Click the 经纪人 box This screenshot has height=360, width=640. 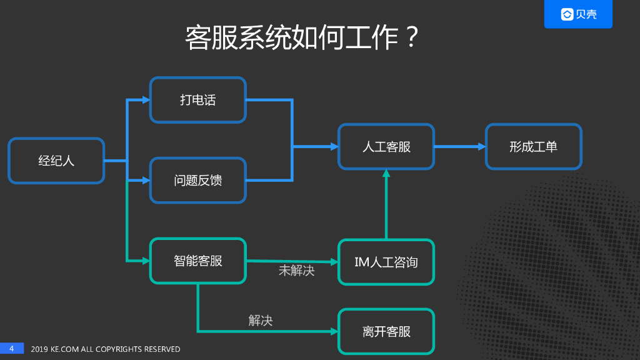coord(56,161)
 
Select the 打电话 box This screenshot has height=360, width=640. coord(197,100)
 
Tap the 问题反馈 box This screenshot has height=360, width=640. coord(197,181)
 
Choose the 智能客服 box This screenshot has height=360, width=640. coord(197,261)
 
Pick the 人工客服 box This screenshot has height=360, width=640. coord(386,147)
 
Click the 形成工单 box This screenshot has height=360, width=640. coord(533,147)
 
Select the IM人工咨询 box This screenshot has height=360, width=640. coord(386,262)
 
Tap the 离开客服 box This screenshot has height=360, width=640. coord(386,331)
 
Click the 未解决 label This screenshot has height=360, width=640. coord(296,271)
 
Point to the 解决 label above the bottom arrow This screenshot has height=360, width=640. coord(261,321)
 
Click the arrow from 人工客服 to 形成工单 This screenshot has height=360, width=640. coord(459,147)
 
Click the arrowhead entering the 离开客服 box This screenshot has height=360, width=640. coord(333,331)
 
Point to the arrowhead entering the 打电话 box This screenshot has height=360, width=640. coord(146,100)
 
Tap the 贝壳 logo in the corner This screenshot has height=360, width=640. coord(578,14)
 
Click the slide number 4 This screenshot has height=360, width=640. coord(11,348)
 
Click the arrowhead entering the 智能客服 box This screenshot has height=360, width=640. coord(146,261)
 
